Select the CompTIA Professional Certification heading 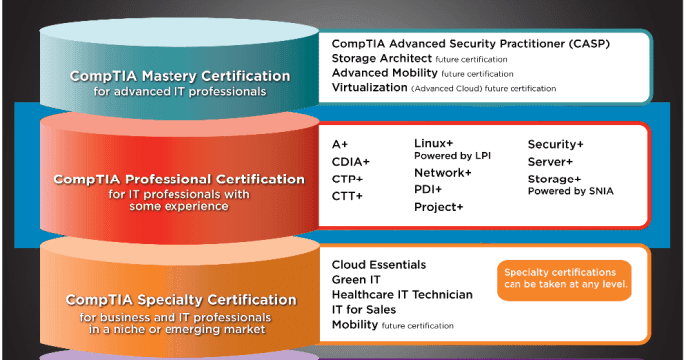pyautogui.click(x=179, y=180)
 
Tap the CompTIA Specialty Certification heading pyautogui.click(x=180, y=299)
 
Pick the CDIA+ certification pyautogui.click(x=350, y=162)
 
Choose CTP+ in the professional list pyautogui.click(x=347, y=180)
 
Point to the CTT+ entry pyautogui.click(x=347, y=197)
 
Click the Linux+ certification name pyautogui.click(x=434, y=144)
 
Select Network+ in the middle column pyautogui.click(x=443, y=173)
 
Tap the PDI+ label pyautogui.click(x=429, y=189)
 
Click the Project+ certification pyautogui.click(x=439, y=207)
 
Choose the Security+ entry pyautogui.click(x=556, y=145)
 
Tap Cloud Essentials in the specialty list pyautogui.click(x=379, y=265)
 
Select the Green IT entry pyautogui.click(x=355, y=280)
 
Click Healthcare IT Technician pyautogui.click(x=402, y=295)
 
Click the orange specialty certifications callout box pyautogui.click(x=563, y=278)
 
